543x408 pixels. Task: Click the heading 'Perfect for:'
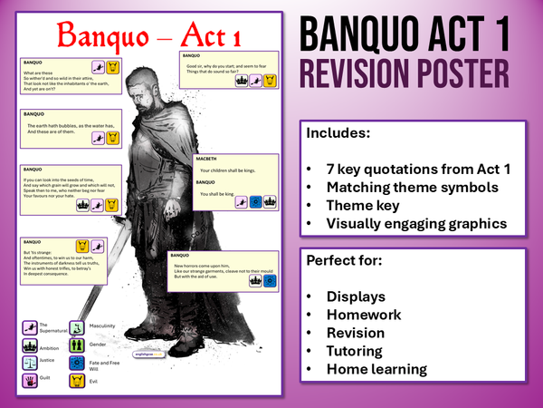(x=345, y=261)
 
